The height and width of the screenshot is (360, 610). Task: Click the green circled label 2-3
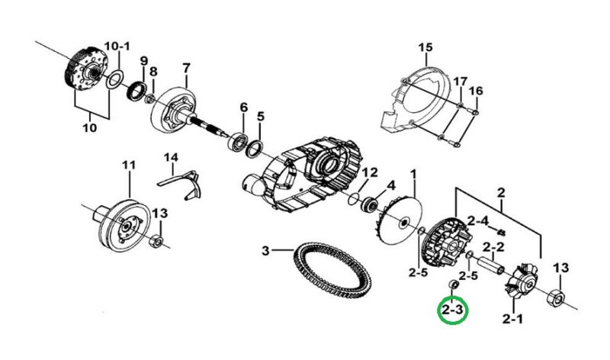(x=453, y=310)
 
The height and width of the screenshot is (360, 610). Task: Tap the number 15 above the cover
(x=425, y=47)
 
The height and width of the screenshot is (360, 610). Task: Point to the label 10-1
(x=117, y=47)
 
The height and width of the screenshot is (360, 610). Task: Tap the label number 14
(x=171, y=157)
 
